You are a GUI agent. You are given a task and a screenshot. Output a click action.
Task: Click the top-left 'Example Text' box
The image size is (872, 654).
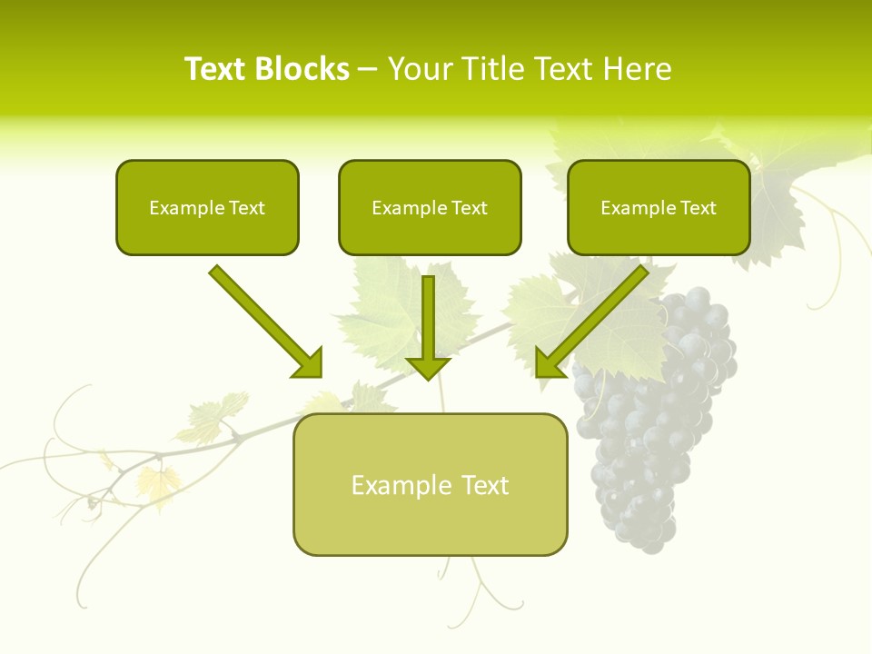pyautogui.click(x=207, y=207)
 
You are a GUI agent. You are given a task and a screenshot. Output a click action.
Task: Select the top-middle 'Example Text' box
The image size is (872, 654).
pyautogui.click(x=430, y=207)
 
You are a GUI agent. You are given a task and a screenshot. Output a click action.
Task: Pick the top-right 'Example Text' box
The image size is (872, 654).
pyautogui.click(x=659, y=207)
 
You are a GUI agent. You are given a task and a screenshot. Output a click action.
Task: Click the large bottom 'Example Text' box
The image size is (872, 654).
pyautogui.click(x=430, y=484)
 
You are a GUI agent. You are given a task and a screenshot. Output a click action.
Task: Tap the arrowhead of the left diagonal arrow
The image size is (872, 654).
pyautogui.click(x=309, y=363)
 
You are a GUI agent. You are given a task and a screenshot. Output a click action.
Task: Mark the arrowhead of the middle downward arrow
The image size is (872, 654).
pyautogui.click(x=428, y=367)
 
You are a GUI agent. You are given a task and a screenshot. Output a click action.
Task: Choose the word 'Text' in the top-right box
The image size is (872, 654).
pyautogui.click(x=698, y=207)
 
